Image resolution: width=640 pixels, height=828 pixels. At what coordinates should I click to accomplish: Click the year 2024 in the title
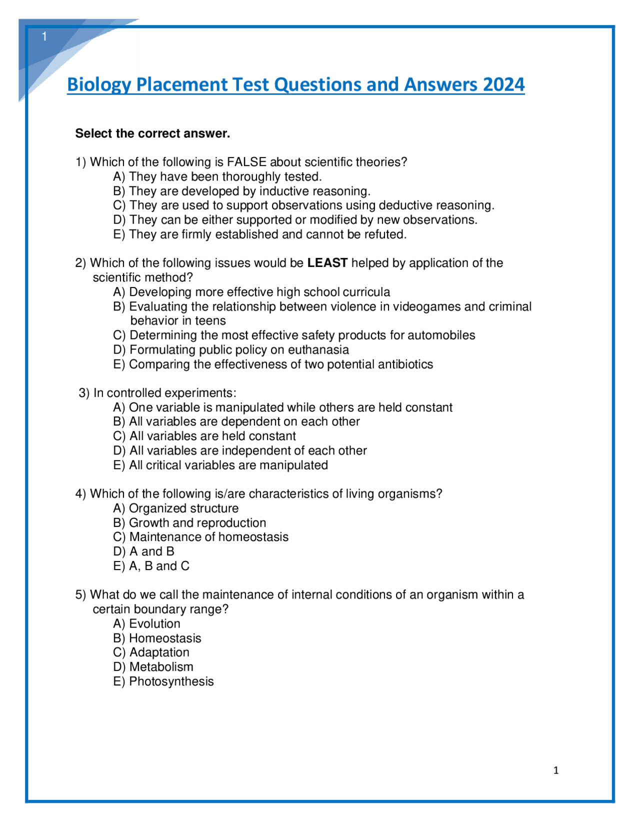(x=503, y=84)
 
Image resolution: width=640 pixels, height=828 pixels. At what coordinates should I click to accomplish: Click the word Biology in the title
(x=99, y=85)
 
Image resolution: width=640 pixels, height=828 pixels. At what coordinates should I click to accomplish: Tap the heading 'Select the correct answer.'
(x=152, y=133)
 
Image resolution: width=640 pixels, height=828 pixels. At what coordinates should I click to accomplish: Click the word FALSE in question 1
(x=246, y=162)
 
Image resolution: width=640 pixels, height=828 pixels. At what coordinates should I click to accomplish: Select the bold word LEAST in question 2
(x=327, y=263)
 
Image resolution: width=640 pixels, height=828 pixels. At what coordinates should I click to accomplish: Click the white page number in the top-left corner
(x=44, y=36)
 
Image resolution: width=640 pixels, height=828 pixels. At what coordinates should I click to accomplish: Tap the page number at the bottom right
(x=555, y=770)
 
